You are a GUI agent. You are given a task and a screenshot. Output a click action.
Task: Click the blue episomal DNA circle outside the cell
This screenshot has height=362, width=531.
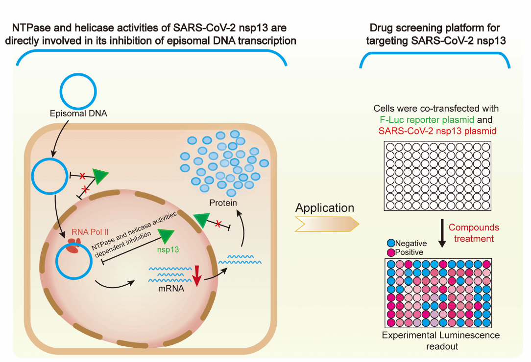tap(79, 91)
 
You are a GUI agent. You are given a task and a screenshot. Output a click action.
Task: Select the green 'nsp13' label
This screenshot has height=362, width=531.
tap(168, 249)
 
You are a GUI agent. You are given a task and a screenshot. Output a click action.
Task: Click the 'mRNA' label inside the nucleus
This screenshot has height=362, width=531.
tap(170, 289)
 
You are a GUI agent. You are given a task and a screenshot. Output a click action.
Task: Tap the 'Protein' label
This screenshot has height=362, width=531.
tap(223, 203)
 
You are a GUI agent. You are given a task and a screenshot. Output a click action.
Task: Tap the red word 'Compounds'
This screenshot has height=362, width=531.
tap(474, 227)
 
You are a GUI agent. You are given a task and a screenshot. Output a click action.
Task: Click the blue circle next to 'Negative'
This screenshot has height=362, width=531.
tap(390, 243)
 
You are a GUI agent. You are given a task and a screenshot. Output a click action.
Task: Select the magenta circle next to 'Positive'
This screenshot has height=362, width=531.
tap(390, 252)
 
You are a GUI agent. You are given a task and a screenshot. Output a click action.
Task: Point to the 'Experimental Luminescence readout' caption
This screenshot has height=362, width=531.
tap(440, 340)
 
